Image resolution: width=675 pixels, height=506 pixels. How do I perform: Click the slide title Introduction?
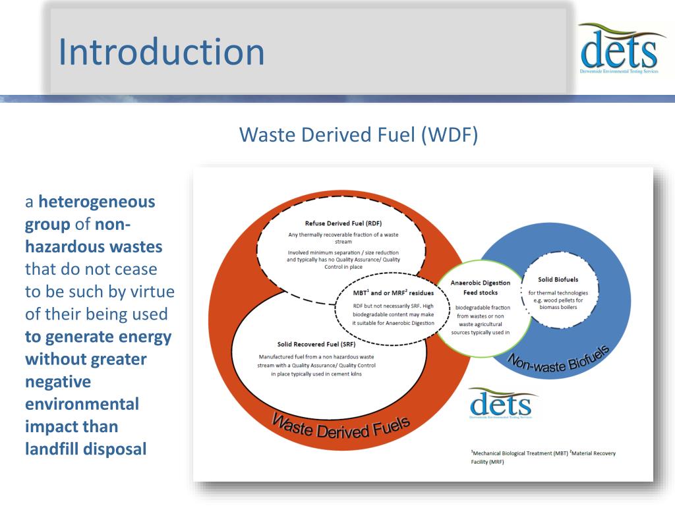[x=161, y=52]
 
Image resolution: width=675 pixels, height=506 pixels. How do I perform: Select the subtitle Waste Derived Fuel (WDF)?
[x=358, y=134]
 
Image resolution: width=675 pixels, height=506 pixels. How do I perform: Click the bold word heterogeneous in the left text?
[x=97, y=202]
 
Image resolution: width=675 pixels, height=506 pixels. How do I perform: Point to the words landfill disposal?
[x=86, y=449]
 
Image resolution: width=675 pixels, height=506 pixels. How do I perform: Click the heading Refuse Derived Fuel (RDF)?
[x=343, y=223]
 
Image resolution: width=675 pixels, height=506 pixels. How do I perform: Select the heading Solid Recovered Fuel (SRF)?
[x=316, y=344]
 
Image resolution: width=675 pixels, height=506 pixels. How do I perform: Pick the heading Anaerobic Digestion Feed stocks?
[x=480, y=287]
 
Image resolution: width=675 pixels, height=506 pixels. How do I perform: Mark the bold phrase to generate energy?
[x=98, y=337]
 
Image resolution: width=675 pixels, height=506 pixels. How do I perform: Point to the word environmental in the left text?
[x=82, y=404]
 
